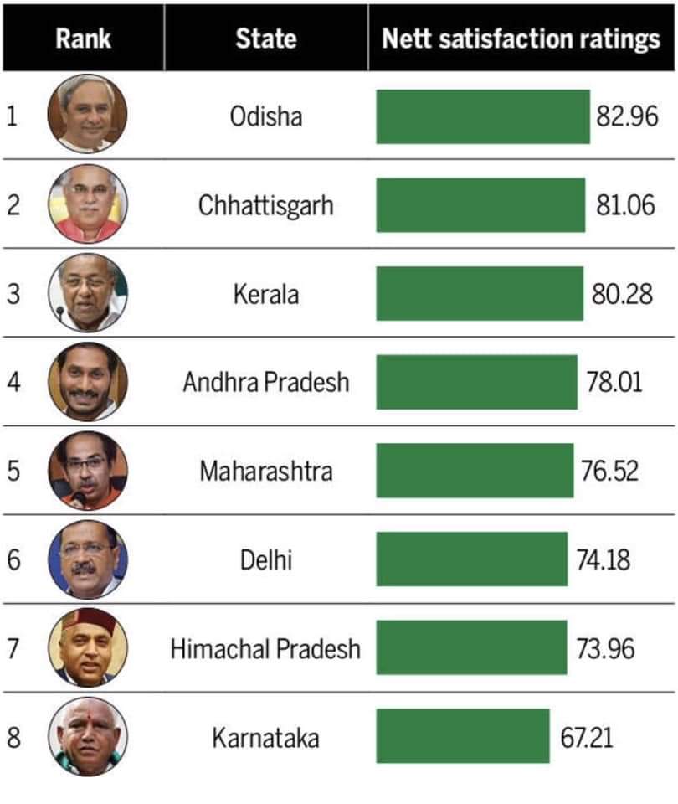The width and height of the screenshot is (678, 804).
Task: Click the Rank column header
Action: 83,39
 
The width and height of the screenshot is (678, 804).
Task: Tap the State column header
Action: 265,39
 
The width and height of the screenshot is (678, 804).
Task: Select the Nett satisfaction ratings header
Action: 521,39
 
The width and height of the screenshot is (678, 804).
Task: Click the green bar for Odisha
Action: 482,116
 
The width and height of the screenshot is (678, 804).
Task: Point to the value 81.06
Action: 625,205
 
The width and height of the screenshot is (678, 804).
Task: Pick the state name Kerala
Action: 265,294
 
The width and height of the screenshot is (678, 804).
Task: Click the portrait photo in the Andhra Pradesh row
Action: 88,381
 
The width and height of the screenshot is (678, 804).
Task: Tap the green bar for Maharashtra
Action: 474,471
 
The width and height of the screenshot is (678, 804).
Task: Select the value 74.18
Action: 603,559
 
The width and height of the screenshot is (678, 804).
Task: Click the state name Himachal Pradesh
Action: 265,648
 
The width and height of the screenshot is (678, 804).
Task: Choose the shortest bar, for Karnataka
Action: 462,737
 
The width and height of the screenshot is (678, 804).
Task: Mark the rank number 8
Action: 13,738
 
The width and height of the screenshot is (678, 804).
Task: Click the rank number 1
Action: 12,116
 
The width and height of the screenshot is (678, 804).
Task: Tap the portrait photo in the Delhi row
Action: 88,559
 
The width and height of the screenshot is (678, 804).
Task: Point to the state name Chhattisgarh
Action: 265,205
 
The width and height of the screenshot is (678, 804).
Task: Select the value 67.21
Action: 586,738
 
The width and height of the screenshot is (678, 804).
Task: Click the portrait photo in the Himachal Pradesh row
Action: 88,647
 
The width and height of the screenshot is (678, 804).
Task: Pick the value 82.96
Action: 627,116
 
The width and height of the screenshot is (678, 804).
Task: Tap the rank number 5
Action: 13,471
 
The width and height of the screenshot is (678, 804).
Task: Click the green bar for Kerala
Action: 479,294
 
